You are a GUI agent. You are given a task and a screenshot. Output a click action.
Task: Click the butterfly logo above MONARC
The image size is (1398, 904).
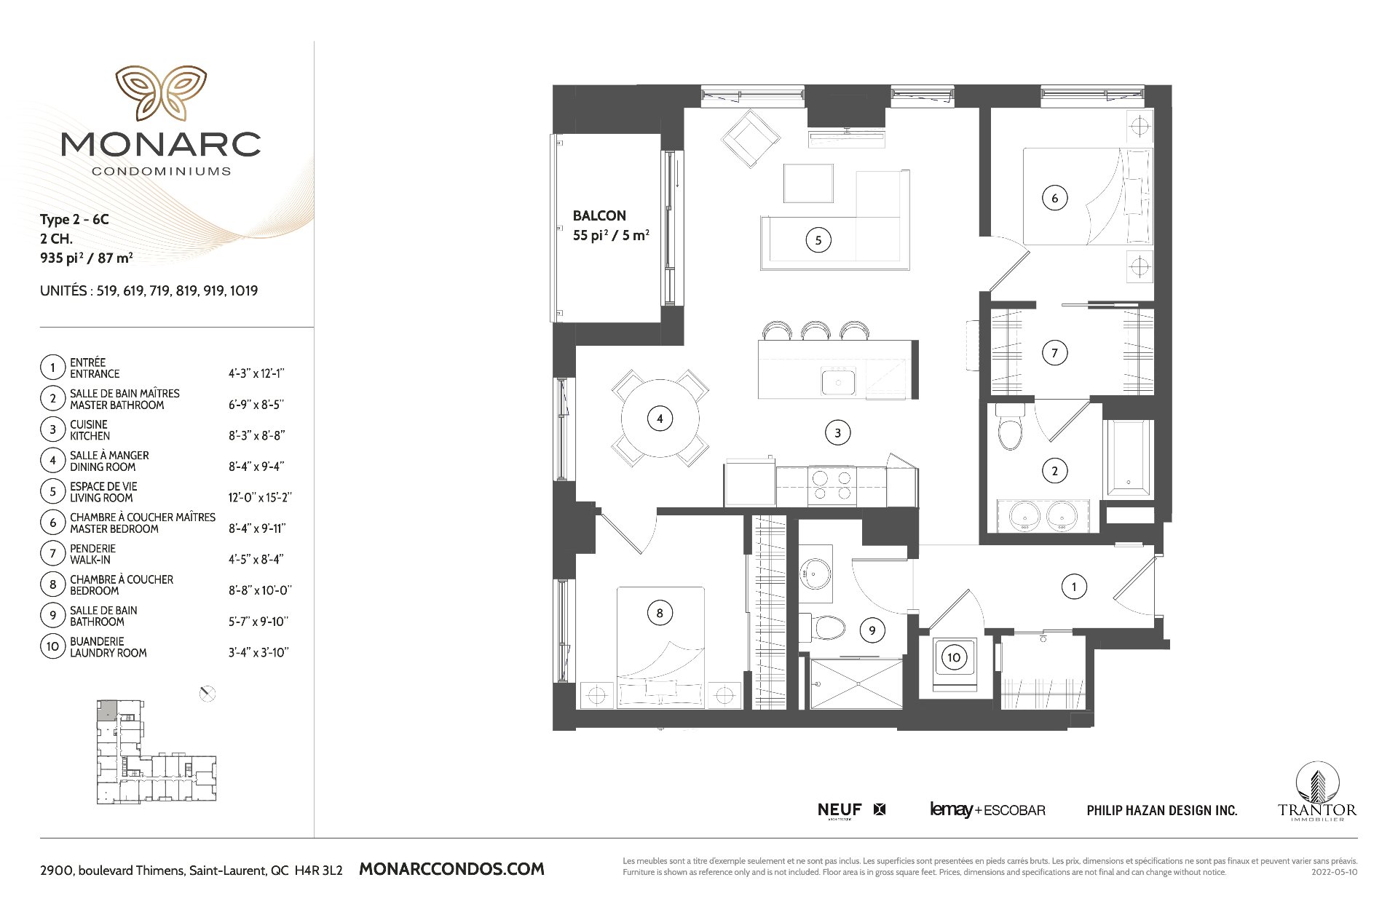(161, 93)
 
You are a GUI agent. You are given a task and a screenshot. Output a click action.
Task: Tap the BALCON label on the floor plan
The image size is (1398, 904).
(599, 215)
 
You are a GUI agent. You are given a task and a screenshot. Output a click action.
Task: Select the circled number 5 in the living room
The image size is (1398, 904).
(818, 240)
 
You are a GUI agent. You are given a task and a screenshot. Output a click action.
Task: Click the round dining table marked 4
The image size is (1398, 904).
(660, 419)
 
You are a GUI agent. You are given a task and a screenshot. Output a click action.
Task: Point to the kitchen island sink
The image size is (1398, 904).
(839, 381)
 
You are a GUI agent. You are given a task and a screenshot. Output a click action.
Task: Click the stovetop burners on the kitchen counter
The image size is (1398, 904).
(832, 485)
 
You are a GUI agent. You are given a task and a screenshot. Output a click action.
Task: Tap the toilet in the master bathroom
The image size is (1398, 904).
(1010, 427)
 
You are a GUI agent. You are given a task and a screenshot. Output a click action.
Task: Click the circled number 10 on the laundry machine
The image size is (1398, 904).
(954, 658)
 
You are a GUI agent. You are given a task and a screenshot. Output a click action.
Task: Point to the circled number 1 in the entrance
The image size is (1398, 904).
(1074, 587)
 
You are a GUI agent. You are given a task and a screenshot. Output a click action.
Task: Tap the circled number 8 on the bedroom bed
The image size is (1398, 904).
(660, 613)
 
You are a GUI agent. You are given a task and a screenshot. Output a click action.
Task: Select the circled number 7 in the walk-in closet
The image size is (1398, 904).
(1054, 354)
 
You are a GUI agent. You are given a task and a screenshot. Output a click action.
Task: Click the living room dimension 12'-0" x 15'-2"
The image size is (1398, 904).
(260, 498)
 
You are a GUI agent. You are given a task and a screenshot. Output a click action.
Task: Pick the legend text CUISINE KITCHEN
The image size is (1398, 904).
(90, 430)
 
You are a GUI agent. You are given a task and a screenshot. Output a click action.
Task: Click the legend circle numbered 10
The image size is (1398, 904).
(52, 646)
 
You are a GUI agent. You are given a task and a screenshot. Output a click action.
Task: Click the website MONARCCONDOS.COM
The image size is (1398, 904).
(452, 869)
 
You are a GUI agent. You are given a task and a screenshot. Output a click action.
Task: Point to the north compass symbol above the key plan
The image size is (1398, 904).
(208, 694)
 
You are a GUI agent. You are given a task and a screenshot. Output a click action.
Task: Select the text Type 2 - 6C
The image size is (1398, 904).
(74, 220)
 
